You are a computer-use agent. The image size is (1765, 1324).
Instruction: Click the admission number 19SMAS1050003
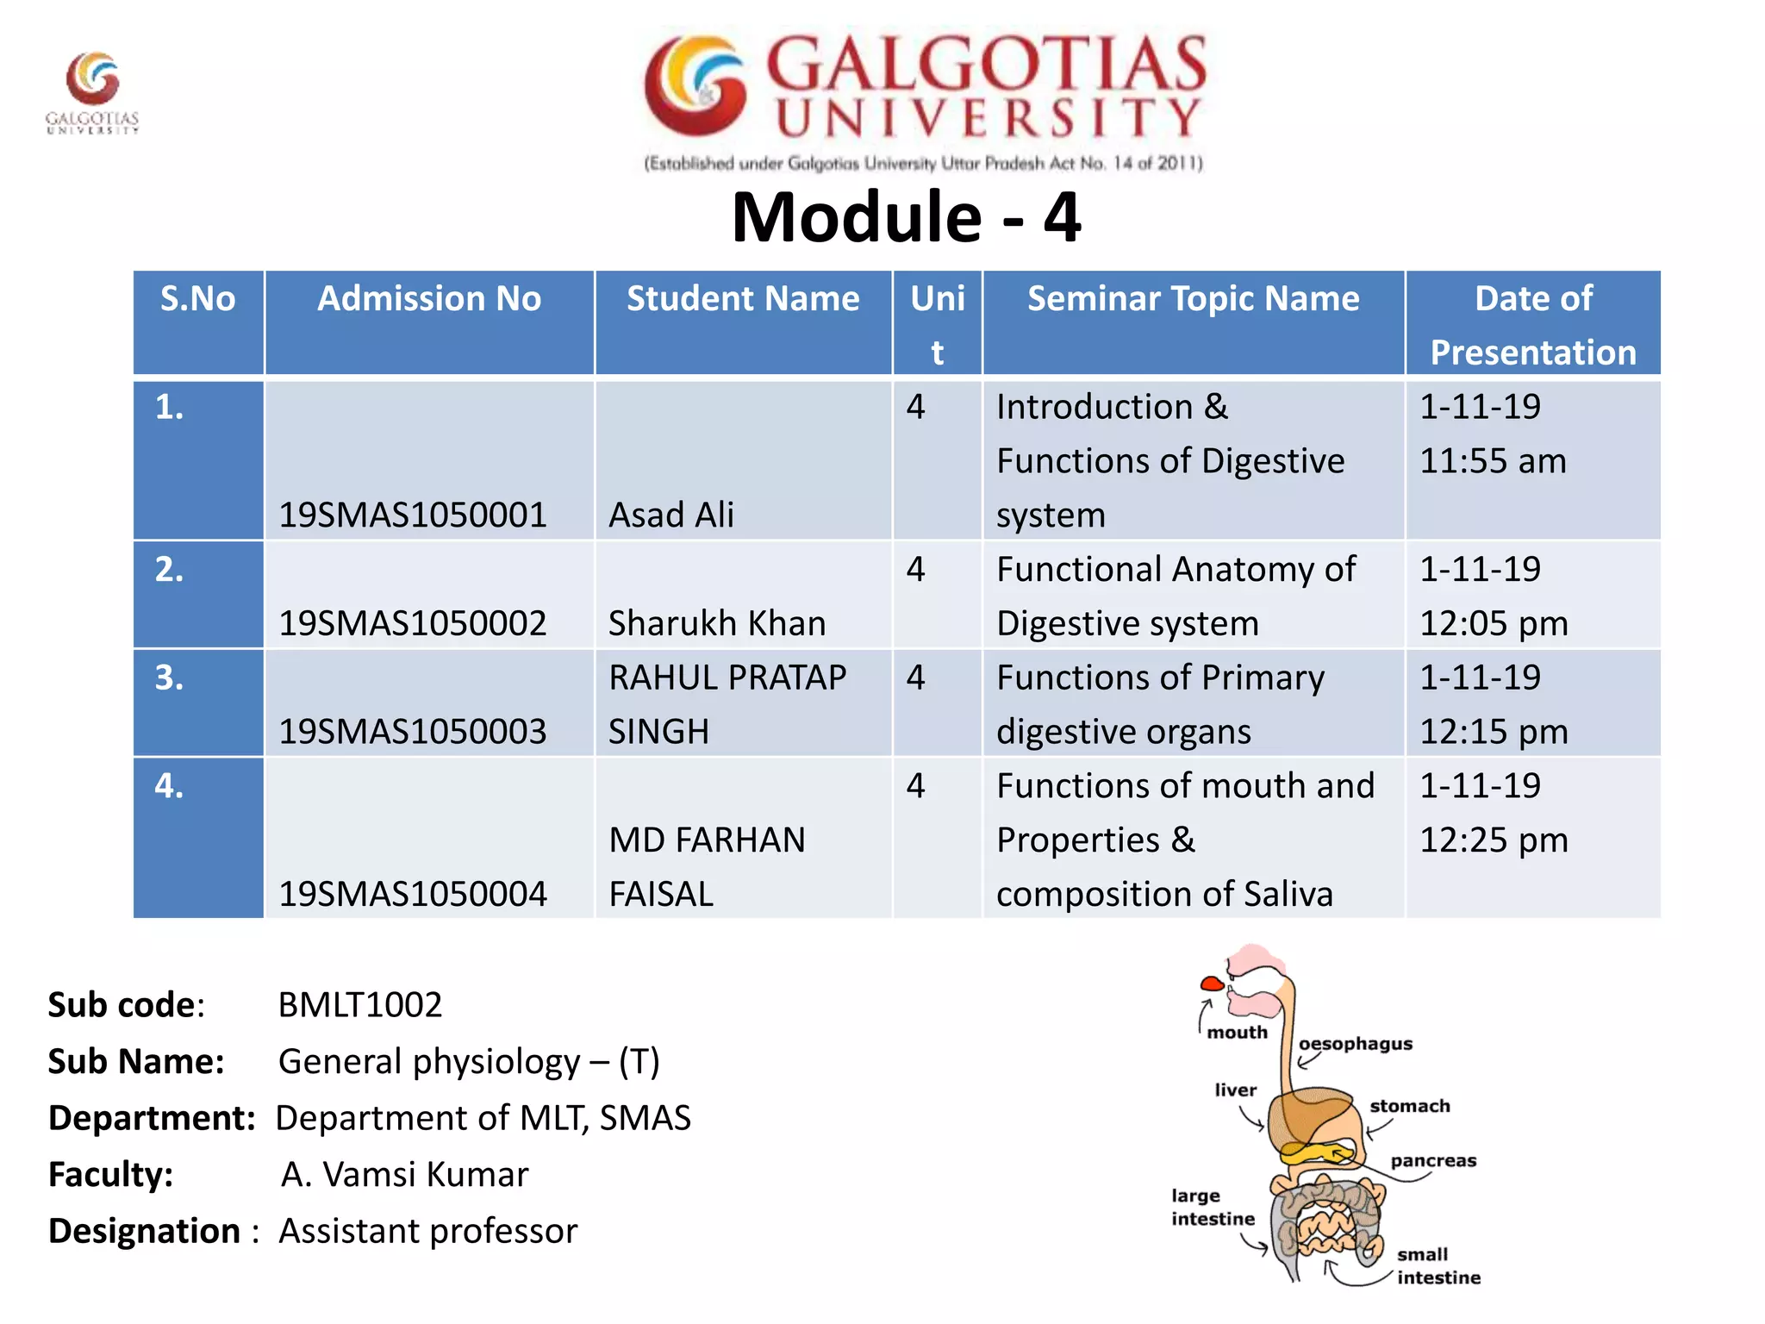point(412,732)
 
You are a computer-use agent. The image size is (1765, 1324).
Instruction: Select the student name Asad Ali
point(670,515)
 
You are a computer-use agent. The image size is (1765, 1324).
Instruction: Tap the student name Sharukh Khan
point(716,623)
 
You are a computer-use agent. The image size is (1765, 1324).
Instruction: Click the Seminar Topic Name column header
point(1193,299)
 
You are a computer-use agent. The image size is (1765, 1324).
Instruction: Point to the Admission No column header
point(429,299)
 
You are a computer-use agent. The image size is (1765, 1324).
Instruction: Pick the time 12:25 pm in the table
point(1494,840)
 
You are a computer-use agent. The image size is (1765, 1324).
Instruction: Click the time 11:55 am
point(1492,461)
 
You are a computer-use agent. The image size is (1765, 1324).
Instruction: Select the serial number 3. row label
point(170,678)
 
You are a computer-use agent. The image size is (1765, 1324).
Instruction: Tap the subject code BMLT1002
point(359,1005)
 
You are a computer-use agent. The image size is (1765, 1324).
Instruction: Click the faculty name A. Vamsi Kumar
point(404,1174)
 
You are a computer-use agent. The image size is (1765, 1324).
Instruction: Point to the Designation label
point(145,1231)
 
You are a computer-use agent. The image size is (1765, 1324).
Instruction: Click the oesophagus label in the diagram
point(1355,1044)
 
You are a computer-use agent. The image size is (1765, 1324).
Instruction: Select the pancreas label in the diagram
point(1432,1160)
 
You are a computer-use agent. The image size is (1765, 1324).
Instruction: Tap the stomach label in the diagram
point(1409,1106)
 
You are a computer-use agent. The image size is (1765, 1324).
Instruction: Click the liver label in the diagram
point(1235,1090)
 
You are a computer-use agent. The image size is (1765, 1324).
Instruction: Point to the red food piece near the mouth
point(1212,984)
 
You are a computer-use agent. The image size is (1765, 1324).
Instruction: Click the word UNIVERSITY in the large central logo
point(988,118)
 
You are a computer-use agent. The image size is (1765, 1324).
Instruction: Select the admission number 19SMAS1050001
point(412,515)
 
